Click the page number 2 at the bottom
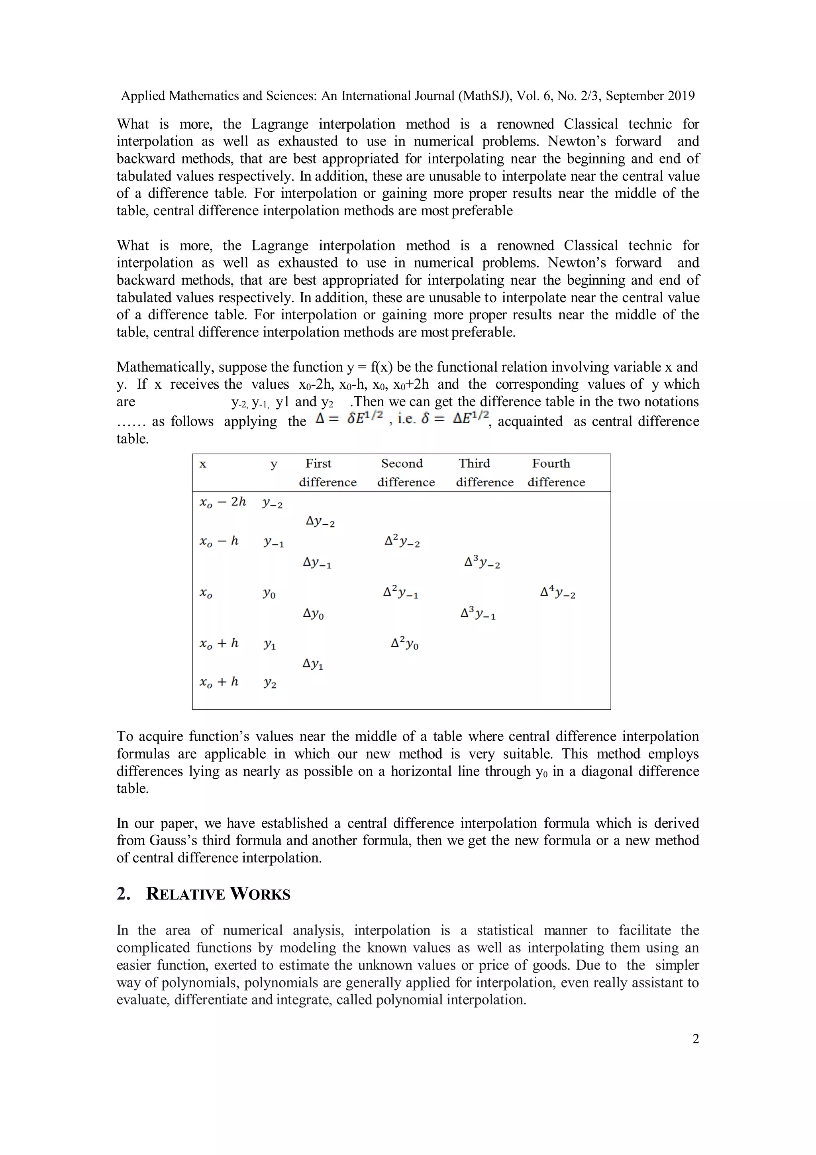[x=695, y=1039]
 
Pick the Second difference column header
[x=405, y=472]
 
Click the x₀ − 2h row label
[x=223, y=502]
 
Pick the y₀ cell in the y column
[x=269, y=594]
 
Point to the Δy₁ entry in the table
[x=313, y=664]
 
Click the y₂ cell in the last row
[x=270, y=683]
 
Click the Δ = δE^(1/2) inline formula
[x=349, y=417]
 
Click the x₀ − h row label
[x=219, y=542]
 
